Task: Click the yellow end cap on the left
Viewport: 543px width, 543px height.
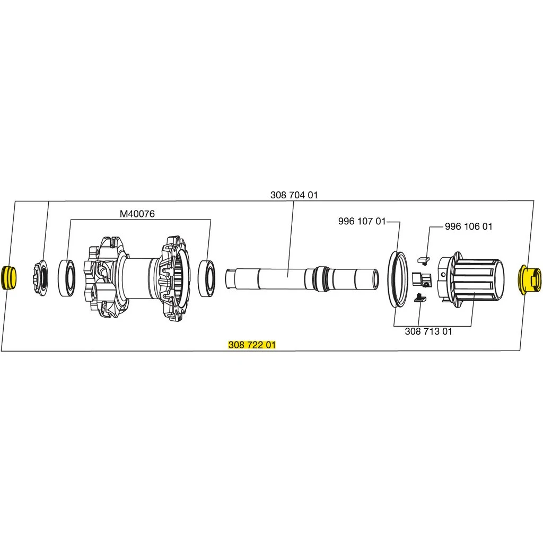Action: click(x=10, y=278)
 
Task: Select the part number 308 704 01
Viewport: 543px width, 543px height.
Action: click(x=294, y=195)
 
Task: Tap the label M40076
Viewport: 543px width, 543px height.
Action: click(x=137, y=214)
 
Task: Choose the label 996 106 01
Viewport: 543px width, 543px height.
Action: click(x=468, y=226)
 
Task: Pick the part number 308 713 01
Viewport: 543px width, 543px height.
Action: click(x=428, y=331)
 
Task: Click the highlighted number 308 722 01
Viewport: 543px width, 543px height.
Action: click(x=252, y=345)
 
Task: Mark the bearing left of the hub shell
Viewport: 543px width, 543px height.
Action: click(x=68, y=277)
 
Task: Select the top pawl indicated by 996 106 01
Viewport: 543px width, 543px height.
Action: click(x=422, y=260)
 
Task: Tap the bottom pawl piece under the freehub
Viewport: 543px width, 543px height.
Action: click(x=419, y=297)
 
